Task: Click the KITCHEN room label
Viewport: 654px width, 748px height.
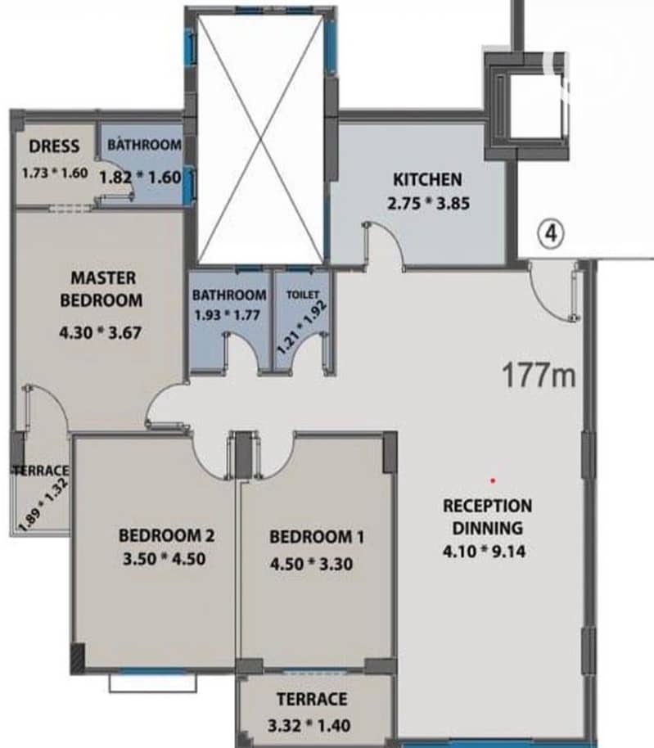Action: tap(427, 180)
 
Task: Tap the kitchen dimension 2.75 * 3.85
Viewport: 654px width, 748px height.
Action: tap(428, 204)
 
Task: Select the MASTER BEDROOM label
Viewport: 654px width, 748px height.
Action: tap(101, 289)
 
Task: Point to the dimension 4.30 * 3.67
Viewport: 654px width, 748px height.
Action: tap(100, 332)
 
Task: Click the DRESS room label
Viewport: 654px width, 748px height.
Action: tap(54, 146)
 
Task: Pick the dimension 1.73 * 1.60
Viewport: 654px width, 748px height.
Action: tap(55, 173)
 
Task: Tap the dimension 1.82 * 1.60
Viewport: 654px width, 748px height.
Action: tap(140, 178)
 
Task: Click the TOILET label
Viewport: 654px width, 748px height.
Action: tap(303, 295)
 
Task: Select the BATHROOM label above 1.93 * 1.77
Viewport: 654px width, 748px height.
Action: tap(229, 295)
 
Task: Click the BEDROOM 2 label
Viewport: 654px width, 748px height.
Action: tap(166, 536)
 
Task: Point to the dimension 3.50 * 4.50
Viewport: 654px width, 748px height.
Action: tap(165, 559)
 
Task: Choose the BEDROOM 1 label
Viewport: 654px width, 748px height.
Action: tap(317, 537)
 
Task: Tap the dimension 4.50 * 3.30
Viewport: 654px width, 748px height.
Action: tap(312, 564)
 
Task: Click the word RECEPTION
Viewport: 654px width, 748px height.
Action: tap(488, 506)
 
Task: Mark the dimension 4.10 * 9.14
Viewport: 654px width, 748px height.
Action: tap(485, 552)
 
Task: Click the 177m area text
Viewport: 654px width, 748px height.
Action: tap(539, 376)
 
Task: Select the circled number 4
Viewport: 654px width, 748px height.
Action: tap(551, 234)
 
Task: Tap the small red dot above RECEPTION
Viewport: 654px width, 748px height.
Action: tap(494, 480)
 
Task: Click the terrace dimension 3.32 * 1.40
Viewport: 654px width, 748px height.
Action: tap(309, 726)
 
